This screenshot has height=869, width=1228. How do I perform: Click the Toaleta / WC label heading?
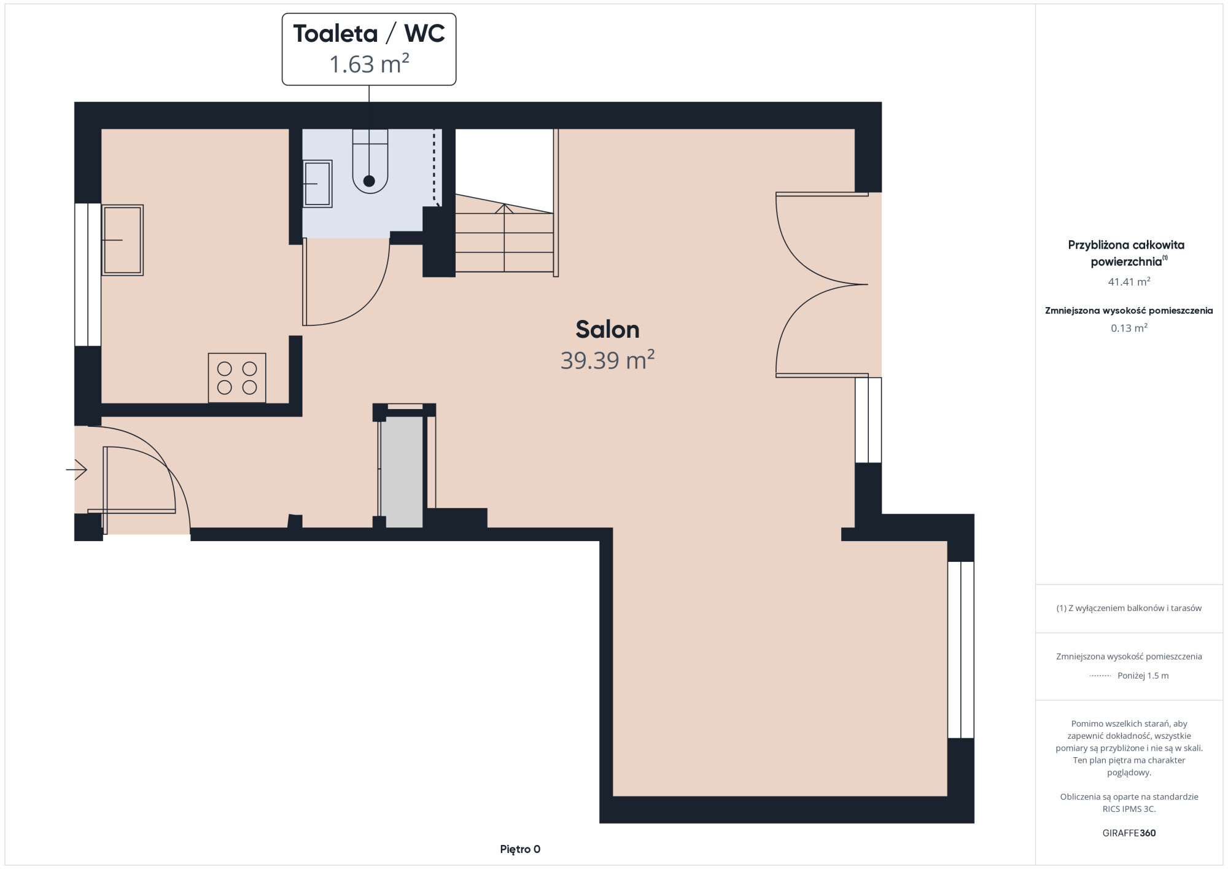pyautogui.click(x=369, y=34)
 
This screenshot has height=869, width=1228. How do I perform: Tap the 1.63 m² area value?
pyautogui.click(x=369, y=64)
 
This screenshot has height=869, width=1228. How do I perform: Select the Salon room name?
pyautogui.click(x=607, y=330)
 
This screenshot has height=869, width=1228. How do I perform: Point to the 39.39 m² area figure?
pyautogui.click(x=607, y=360)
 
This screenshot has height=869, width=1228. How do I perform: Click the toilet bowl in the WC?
pyautogui.click(x=370, y=161)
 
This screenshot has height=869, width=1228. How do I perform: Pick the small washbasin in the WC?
pyautogui.click(x=317, y=184)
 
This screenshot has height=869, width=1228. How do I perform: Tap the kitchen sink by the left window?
pyautogui.click(x=122, y=240)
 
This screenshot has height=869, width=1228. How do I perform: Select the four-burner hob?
pyautogui.click(x=237, y=378)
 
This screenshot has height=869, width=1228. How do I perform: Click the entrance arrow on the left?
pyautogui.click(x=77, y=470)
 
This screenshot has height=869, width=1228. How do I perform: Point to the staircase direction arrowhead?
pyautogui.click(x=504, y=208)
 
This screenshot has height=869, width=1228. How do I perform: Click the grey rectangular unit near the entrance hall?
pyautogui.click(x=402, y=472)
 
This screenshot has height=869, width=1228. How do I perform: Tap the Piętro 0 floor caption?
pyautogui.click(x=520, y=849)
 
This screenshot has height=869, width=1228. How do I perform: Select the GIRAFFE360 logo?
pyautogui.click(x=1129, y=833)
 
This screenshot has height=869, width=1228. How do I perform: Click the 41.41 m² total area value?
pyautogui.click(x=1129, y=282)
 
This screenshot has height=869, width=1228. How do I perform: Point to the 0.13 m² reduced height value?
pyautogui.click(x=1129, y=328)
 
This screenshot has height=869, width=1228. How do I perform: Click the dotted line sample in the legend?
pyautogui.click(x=1100, y=676)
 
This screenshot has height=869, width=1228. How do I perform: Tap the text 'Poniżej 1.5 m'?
pyautogui.click(x=1143, y=676)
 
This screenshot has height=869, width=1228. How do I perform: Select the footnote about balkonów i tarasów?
pyautogui.click(x=1129, y=608)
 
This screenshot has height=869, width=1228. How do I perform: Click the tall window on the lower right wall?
pyautogui.click(x=961, y=650)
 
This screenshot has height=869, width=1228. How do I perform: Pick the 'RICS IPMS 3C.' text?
pyautogui.click(x=1129, y=809)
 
